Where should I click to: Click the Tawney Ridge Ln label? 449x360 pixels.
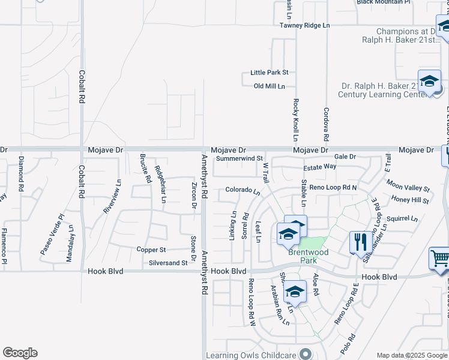[x=305, y=25]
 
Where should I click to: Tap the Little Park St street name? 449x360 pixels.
[x=269, y=73]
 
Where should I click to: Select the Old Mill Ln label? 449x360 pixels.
[x=269, y=86]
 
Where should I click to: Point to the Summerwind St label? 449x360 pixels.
[x=240, y=159]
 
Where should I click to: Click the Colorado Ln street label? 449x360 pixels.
[x=243, y=191]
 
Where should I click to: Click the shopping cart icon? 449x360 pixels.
[x=440, y=259]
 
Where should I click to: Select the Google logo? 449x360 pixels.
[x=20, y=353]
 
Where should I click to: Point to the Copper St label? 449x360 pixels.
[x=151, y=250]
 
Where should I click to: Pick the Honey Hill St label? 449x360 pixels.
[x=409, y=200]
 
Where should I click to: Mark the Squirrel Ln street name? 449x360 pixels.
[x=402, y=219]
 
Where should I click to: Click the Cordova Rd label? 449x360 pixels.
[x=327, y=121]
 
